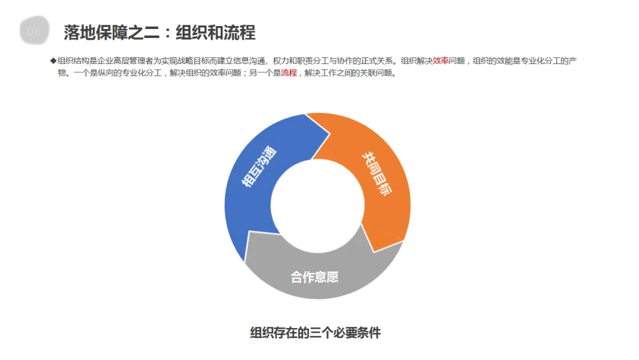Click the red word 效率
click(440, 60)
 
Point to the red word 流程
click(289, 73)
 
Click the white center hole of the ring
click(318, 205)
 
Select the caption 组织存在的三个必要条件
click(315, 333)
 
